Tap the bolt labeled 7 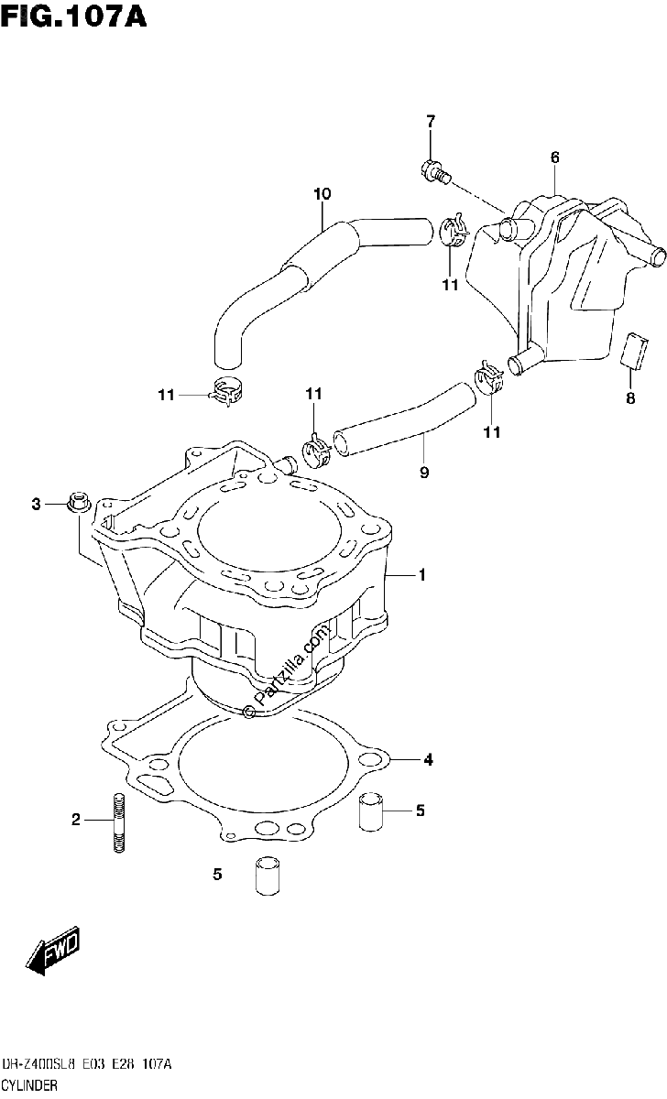(435, 172)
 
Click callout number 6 (554, 158)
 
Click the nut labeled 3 (79, 502)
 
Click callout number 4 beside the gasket (429, 760)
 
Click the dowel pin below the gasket (267, 879)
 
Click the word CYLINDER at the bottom (29, 1085)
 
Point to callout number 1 (422, 574)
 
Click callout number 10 (322, 194)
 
